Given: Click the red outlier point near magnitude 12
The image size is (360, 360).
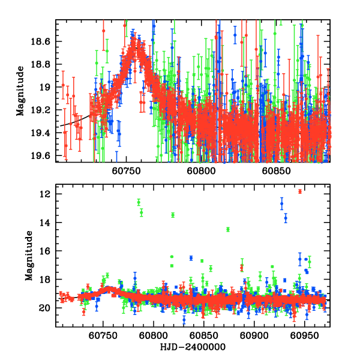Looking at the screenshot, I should point(300,191).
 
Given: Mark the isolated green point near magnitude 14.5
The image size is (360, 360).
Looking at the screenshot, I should point(228,229).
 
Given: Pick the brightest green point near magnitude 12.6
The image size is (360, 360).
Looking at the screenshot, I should point(139,202).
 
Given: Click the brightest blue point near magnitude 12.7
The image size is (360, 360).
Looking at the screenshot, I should point(281,204).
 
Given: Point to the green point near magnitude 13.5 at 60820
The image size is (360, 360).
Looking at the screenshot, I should point(173,215).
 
